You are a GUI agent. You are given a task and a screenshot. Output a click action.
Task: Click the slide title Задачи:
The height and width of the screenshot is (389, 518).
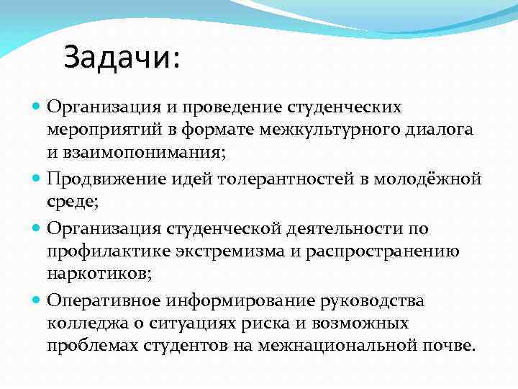122,58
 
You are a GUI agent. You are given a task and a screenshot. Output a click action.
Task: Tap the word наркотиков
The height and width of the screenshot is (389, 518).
95,274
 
